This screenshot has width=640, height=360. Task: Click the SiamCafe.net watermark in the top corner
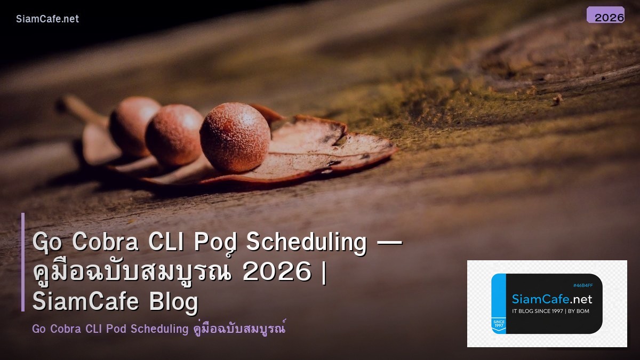pos(47,19)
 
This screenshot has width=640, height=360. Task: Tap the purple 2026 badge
pos(605,15)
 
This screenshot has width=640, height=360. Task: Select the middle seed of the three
pos(174,134)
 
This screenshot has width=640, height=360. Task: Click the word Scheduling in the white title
pos(306,242)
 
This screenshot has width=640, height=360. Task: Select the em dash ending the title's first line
pos(389,243)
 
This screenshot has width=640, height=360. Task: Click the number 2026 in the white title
pos(276,272)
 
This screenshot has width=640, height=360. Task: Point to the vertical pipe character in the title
pos(325,272)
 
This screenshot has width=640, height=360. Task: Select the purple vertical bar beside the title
pos(23,262)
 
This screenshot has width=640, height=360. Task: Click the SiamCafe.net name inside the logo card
pos(551,299)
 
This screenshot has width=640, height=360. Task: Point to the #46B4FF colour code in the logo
pos(582,286)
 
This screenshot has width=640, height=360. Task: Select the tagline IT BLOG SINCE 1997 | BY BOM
pos(550,311)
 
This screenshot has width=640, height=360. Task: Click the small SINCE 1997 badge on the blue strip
pos(499,324)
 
